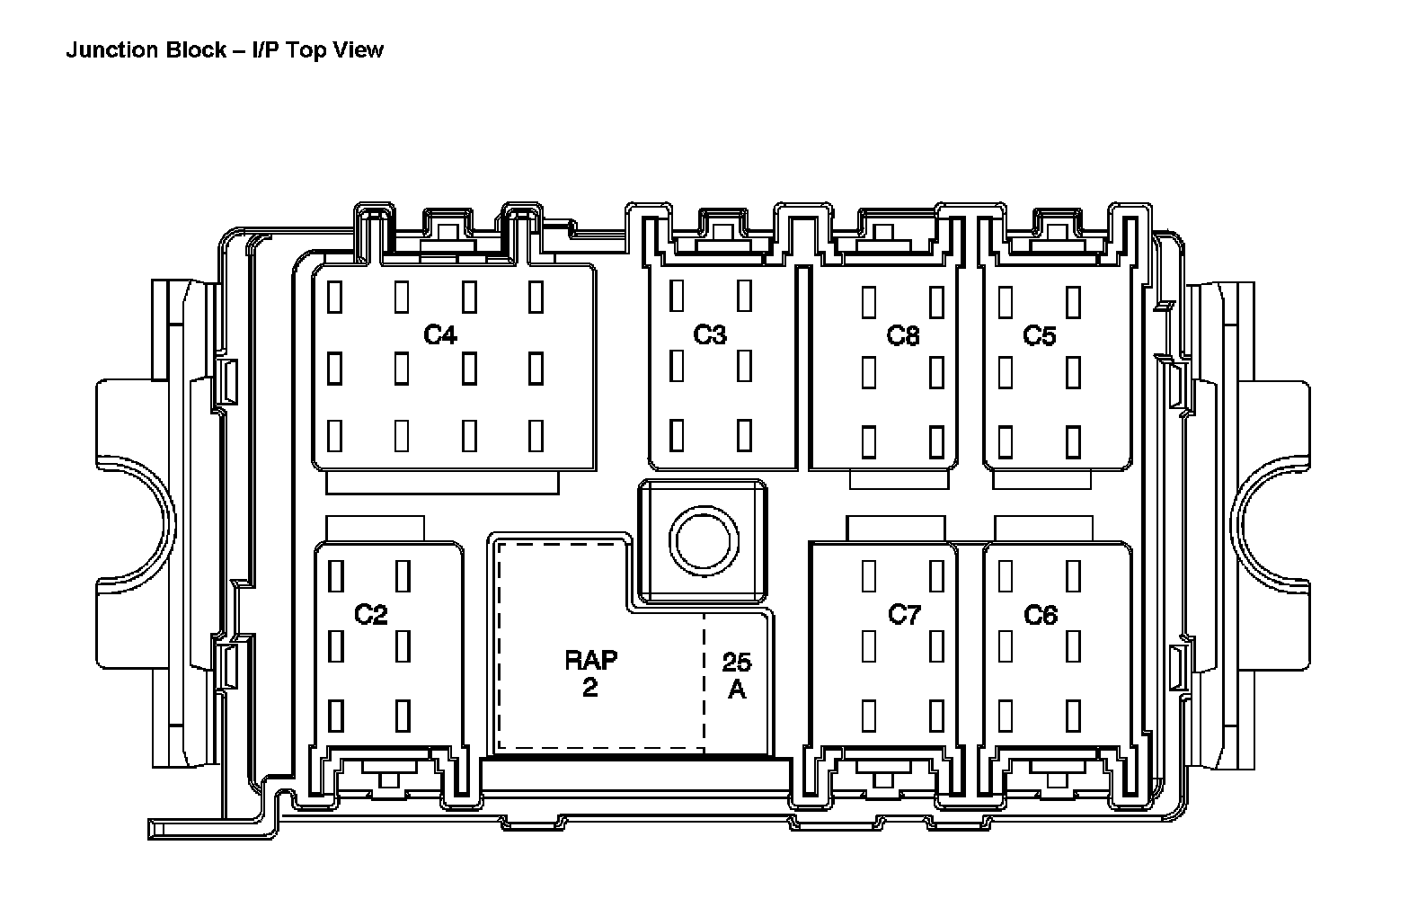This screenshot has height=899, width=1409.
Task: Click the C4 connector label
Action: [440, 335]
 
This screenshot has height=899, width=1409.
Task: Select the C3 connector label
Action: [709, 334]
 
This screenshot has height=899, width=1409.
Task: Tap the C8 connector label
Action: [903, 336]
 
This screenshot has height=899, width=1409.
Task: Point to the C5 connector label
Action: [1040, 336]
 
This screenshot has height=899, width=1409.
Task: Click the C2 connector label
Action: [370, 615]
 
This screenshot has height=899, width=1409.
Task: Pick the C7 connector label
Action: [904, 615]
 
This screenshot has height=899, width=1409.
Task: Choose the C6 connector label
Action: [1041, 616]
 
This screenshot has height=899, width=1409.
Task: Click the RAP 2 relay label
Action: [590, 673]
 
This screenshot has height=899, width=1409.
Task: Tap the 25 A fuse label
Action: [736, 676]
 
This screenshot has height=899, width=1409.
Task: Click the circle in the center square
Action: [703, 540]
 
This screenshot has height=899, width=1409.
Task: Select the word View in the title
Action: [359, 49]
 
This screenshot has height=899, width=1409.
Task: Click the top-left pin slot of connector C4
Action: [335, 297]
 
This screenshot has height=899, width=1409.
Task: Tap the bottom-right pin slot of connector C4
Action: [536, 435]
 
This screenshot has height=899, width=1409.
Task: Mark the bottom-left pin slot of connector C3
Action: [677, 434]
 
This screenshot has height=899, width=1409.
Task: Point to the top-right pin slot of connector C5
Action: [1073, 300]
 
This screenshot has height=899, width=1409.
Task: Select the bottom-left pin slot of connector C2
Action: [335, 715]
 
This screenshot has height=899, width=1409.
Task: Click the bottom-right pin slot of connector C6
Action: [1073, 715]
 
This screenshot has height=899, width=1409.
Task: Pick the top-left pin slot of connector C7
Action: [869, 575]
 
